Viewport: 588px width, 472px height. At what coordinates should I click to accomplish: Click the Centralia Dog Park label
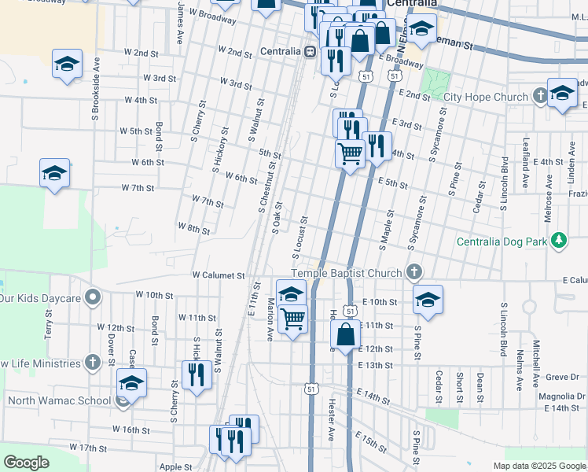502,241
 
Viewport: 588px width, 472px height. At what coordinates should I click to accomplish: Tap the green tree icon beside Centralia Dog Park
559,240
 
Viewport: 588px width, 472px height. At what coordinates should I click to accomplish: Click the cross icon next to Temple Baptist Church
413,272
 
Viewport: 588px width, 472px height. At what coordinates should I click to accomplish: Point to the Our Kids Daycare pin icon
94,298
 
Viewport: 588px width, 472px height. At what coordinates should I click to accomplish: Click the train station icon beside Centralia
311,52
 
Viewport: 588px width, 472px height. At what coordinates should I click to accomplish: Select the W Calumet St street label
219,275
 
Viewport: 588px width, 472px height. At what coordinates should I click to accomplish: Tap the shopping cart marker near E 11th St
292,319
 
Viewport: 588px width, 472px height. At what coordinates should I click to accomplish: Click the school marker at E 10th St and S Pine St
428,300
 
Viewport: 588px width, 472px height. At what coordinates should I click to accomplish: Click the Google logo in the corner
26,463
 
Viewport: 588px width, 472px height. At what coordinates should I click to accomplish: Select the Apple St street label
176,466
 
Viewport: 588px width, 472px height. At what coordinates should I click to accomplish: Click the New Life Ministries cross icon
93,363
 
